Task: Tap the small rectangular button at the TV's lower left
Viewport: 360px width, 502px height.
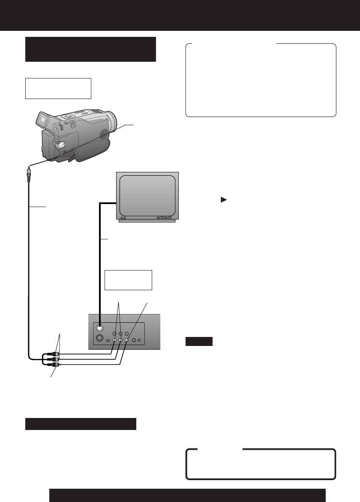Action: (x=123, y=218)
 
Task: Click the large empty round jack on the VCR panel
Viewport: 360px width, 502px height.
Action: (x=99, y=339)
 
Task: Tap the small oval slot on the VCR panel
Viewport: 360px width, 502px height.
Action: (x=108, y=340)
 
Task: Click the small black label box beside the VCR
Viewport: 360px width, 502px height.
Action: (x=199, y=341)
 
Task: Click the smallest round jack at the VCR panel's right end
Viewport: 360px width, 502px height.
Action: (x=139, y=340)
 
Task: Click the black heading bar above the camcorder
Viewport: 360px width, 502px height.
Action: (x=90, y=49)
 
